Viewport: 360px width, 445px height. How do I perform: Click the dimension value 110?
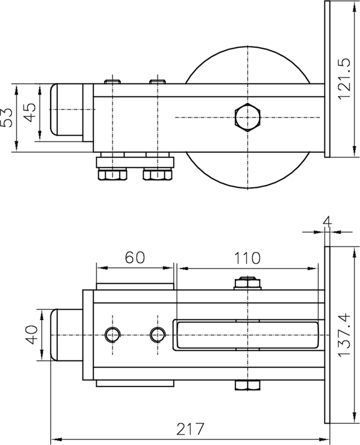(247, 258)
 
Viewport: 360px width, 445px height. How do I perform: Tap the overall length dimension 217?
(189, 429)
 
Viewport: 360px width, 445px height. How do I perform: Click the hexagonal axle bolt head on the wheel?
(246, 117)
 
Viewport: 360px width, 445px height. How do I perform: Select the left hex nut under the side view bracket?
(112, 175)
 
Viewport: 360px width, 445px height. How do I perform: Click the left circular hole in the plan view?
(113, 334)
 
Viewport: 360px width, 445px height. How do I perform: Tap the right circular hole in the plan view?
(157, 334)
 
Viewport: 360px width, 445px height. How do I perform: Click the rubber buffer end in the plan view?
(66, 335)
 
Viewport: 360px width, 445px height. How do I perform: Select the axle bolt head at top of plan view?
(246, 283)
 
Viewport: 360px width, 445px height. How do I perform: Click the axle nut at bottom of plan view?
(246, 385)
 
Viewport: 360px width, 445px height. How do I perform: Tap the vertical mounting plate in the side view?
(327, 78)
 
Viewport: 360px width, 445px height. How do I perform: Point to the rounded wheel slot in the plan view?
(246, 335)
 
